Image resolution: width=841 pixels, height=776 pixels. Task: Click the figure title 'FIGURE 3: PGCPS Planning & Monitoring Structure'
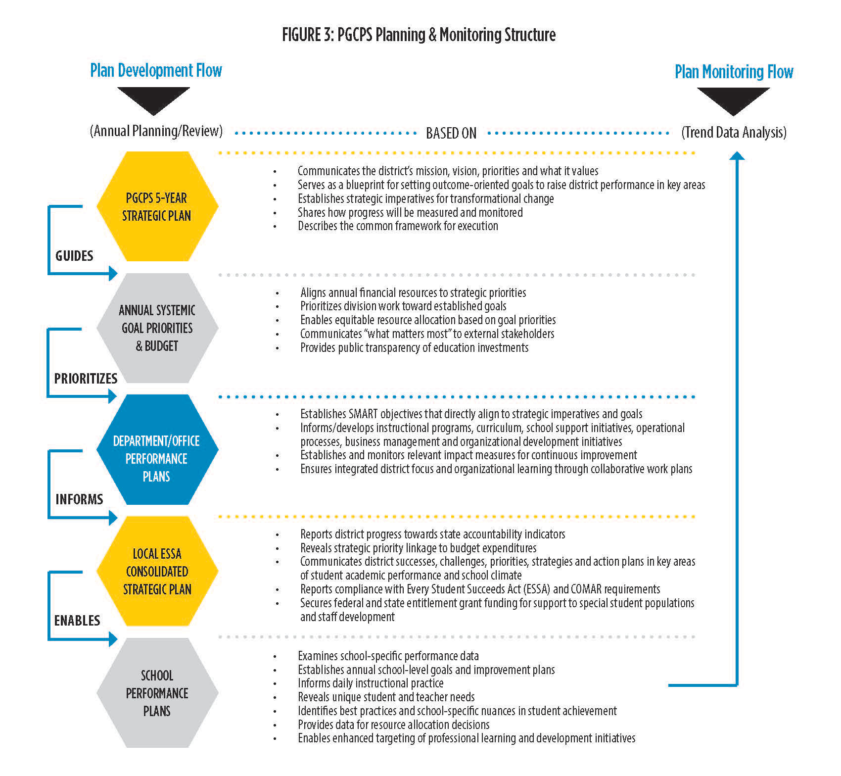[419, 35]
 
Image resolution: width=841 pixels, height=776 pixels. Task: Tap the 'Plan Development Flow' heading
[156, 71]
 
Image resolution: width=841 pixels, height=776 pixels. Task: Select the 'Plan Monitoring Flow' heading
[734, 72]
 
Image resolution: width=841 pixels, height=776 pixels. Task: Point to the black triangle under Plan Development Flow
[154, 98]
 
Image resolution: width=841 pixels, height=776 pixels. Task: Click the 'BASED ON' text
[451, 133]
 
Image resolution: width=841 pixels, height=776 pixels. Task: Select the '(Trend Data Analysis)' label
[734, 133]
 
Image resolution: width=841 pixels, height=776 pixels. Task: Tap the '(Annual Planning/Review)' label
[156, 131]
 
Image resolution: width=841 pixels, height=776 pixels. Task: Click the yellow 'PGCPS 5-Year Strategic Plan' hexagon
[157, 206]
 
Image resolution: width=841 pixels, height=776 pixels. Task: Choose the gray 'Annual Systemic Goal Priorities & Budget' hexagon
[157, 328]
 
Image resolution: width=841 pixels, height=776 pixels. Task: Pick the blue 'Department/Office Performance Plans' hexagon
[157, 449]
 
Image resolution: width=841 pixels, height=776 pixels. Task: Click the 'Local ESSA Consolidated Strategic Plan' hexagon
[157, 571]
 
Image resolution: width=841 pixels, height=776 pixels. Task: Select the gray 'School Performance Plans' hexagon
[157, 693]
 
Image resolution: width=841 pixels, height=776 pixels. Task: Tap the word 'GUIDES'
[74, 256]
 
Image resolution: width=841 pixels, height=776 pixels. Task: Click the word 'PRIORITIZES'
[86, 379]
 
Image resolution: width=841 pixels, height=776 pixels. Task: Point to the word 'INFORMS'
[79, 499]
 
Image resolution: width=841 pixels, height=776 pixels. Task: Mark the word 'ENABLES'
[77, 621]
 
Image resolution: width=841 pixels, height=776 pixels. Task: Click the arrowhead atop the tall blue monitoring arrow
[737, 156]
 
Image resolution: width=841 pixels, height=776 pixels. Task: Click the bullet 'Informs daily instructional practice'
[371, 683]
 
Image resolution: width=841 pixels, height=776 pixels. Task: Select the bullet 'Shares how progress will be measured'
[410, 212]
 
